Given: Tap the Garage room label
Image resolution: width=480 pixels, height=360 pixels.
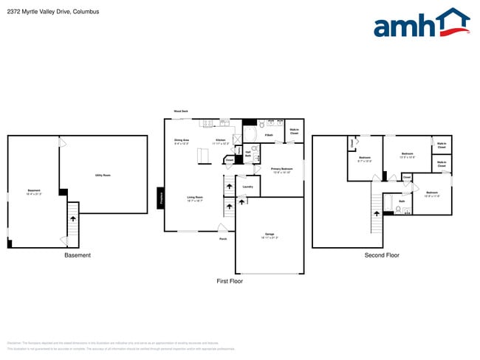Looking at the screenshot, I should (270, 235).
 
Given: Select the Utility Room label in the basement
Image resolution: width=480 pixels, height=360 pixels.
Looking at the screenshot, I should (103, 175).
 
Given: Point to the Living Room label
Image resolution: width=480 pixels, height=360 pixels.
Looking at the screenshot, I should (195, 197).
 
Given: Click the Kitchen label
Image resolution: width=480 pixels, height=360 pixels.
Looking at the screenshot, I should (220, 140).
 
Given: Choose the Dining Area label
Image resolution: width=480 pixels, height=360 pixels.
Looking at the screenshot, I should (182, 140).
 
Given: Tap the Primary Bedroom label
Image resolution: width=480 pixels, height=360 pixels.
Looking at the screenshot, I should (282, 170).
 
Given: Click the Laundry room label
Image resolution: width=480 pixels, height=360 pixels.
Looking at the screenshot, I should (247, 186).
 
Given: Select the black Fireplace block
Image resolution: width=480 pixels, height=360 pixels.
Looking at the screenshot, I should (160, 198).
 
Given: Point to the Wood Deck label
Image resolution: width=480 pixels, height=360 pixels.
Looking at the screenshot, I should (181, 111).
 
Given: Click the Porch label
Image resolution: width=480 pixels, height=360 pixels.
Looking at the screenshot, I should (222, 238).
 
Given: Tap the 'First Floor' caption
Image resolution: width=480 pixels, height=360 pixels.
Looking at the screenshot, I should (229, 281).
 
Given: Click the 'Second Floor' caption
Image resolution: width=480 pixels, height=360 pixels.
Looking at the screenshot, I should (382, 255).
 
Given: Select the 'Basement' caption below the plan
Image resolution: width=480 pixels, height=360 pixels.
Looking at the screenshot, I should (77, 255).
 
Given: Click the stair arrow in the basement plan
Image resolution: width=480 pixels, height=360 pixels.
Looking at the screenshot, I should (72, 218).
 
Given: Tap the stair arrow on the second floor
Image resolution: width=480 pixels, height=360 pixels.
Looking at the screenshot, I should (377, 212).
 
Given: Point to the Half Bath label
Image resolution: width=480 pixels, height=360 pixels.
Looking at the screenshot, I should (248, 154).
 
